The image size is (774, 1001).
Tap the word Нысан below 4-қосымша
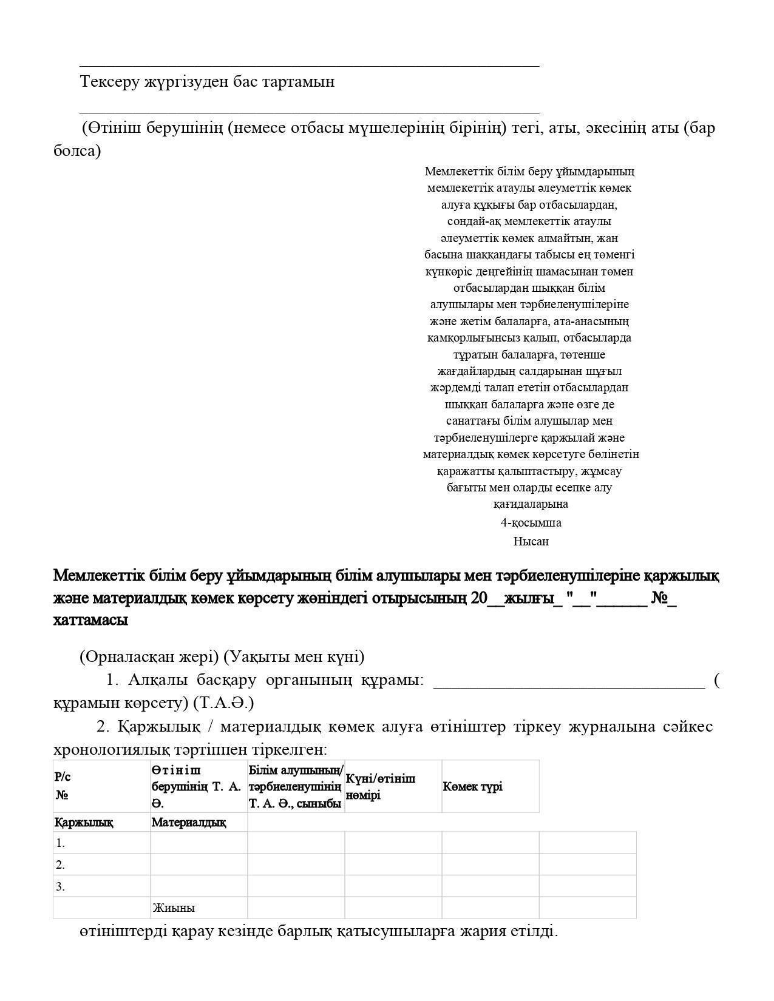coord(531,541)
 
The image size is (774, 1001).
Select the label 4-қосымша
coord(531,522)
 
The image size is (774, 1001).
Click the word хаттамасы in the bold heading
coord(90,620)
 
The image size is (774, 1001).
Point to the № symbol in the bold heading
coord(660,598)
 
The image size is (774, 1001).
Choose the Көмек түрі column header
coord(472,786)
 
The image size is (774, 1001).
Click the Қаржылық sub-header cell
coord(84,823)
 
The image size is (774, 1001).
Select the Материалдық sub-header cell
coord(188,823)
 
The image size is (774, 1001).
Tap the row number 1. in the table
coord(60,843)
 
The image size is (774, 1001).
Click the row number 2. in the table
coord(60,864)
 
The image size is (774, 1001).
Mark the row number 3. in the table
coord(60,886)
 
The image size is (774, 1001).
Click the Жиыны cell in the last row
coord(174,908)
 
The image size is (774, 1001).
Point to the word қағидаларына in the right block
coord(531,504)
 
